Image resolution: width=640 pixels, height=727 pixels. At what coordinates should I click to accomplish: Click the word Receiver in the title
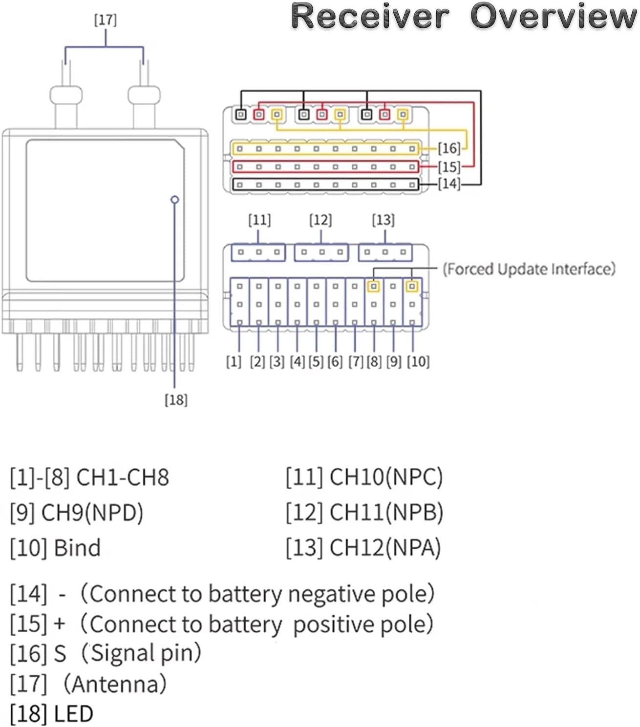click(370, 16)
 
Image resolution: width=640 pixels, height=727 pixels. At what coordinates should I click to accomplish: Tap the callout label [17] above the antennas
click(105, 20)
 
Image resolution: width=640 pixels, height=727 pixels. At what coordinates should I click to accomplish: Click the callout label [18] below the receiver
click(176, 400)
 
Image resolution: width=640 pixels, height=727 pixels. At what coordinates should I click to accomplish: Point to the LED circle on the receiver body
click(175, 200)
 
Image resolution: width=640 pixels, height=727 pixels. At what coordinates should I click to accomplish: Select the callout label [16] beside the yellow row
click(448, 148)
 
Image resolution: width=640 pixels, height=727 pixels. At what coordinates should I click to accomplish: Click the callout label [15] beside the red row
click(448, 167)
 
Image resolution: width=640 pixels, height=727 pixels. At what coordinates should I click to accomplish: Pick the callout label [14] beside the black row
click(448, 184)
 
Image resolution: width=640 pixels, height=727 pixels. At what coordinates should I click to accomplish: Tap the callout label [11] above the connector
click(259, 220)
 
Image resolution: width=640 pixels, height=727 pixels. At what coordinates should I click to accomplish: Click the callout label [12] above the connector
click(320, 220)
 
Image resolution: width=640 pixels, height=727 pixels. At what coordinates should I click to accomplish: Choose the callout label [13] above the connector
click(383, 220)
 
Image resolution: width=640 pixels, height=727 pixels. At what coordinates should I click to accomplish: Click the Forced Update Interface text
click(529, 269)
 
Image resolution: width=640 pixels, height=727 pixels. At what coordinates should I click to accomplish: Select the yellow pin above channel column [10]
click(412, 286)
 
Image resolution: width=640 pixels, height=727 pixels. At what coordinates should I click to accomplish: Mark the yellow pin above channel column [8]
click(374, 286)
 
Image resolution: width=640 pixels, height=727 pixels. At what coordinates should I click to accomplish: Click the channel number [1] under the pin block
click(234, 362)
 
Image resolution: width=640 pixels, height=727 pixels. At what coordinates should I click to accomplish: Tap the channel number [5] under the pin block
click(316, 362)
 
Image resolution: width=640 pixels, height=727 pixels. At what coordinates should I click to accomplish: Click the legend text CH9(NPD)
click(92, 513)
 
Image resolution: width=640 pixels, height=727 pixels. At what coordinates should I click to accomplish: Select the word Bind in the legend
click(77, 548)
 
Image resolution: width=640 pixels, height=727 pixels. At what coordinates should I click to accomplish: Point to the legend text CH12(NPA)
click(385, 548)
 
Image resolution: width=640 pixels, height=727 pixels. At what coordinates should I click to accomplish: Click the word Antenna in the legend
click(119, 684)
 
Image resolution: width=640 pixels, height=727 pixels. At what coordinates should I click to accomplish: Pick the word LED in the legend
click(73, 714)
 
